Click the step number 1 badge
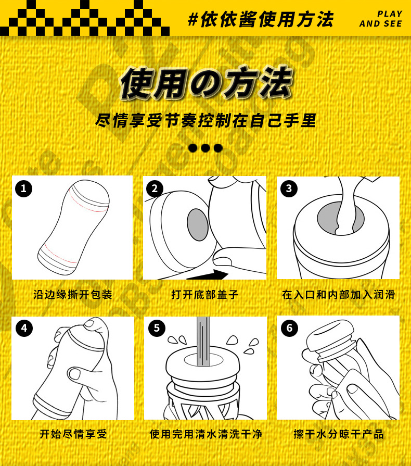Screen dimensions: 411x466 click(23, 188)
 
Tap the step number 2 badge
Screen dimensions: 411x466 click(155, 188)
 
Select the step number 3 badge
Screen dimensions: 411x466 click(289, 188)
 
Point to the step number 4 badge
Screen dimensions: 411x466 click(24, 328)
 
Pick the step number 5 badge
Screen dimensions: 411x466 click(157, 328)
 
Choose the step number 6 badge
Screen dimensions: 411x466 click(289, 328)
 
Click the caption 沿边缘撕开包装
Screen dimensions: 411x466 click(73, 295)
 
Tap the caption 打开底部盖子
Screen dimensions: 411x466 click(205, 295)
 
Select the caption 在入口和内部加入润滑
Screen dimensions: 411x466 click(339, 295)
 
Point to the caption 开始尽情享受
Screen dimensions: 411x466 click(73, 434)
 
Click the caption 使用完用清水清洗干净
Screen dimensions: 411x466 click(206, 434)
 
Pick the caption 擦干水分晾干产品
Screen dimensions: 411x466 click(339, 434)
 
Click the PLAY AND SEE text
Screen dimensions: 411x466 click(381, 19)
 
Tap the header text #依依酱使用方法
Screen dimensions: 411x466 click(261, 19)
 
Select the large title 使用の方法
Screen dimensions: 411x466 click(206, 83)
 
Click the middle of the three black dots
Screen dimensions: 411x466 click(205, 148)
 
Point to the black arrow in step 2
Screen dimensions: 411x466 click(208, 275)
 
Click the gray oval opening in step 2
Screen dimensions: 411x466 click(198, 224)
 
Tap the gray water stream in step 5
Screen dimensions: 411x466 click(203, 341)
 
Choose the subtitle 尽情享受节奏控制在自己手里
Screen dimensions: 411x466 click(205, 121)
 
